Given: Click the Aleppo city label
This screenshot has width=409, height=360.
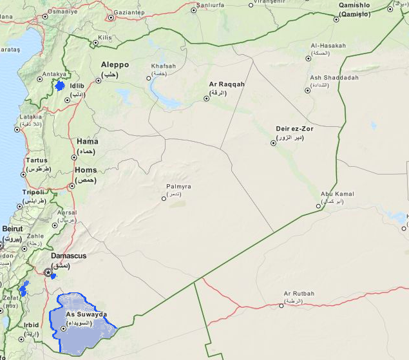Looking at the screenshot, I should tap(115, 65).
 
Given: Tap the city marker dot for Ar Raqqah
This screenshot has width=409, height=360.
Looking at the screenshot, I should tap(207, 99).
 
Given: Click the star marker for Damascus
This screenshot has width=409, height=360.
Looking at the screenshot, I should tap(48, 272).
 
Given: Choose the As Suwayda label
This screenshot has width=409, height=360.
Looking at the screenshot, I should tap(86, 314).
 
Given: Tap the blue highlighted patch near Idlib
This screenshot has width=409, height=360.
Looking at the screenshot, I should tap(60, 86).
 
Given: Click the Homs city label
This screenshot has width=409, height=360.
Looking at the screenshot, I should tap(86, 171).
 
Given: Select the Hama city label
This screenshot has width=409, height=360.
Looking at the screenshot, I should tap(87, 141).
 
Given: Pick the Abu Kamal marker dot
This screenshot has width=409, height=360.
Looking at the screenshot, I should tap(319, 207).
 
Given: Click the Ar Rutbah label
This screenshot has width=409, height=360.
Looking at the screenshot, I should tap(300, 294).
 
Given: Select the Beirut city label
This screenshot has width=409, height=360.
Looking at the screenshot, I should tap(12, 229).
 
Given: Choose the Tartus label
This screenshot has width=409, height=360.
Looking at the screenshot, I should tap(36, 160).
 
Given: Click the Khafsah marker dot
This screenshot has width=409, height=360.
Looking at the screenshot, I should tap(149, 78).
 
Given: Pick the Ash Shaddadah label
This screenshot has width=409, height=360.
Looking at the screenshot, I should tap(334, 77).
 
